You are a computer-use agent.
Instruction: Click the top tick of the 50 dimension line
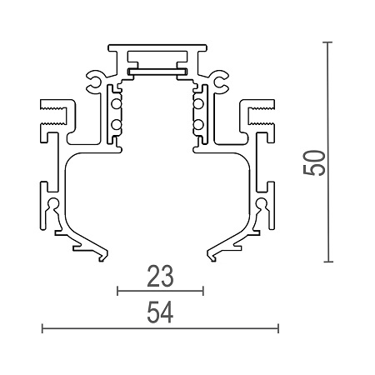326,42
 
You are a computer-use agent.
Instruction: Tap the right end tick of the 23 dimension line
202,291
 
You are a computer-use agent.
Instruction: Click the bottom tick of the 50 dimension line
326,262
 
